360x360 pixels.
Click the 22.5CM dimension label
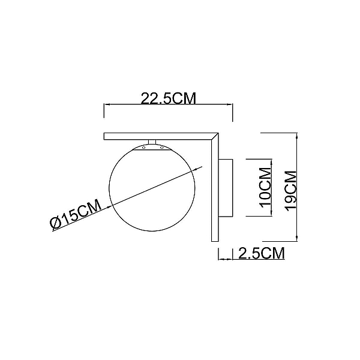[168, 98]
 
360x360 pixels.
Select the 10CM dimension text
[265, 188]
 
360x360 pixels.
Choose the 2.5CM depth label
[262, 253]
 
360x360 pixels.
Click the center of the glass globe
[152, 188]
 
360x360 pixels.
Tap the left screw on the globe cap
[144, 148]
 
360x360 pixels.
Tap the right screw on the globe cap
[161, 148]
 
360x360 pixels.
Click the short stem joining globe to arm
[152, 142]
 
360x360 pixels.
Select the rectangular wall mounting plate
[226, 188]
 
